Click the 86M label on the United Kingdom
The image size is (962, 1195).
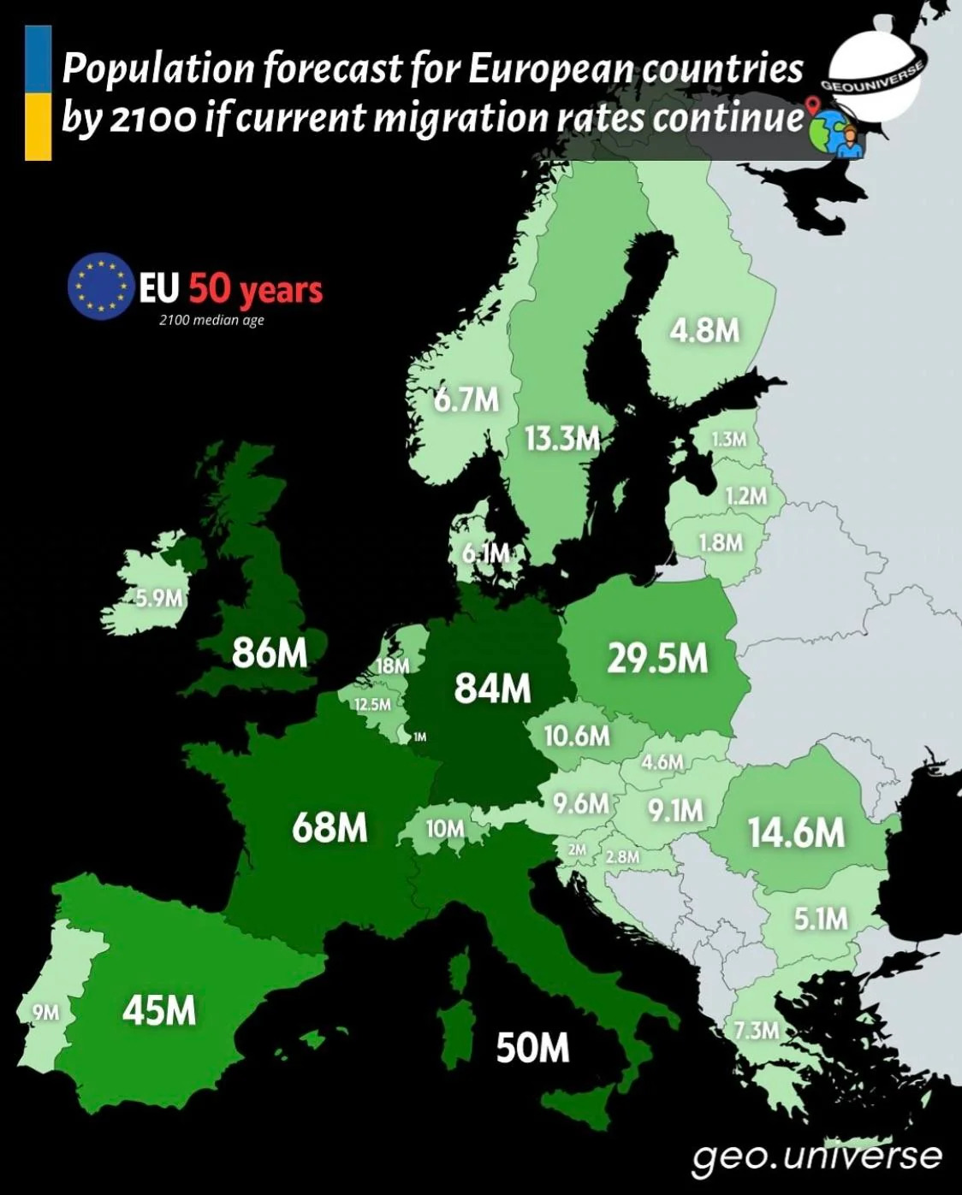coord(270,653)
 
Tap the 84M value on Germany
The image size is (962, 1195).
coord(492,687)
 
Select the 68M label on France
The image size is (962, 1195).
coord(330,827)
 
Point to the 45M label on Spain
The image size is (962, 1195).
coord(159,1011)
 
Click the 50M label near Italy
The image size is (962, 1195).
coord(532,1046)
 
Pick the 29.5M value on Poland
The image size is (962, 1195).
coord(657,658)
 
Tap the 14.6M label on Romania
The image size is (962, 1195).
coord(796,832)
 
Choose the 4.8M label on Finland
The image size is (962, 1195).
coord(704,330)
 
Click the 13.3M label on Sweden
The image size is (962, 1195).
coord(561,439)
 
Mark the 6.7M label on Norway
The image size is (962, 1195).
coord(466,399)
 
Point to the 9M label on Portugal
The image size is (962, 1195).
coord(45,1012)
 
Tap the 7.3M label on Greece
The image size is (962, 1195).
coord(756,1029)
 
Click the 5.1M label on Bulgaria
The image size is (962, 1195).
coord(820,919)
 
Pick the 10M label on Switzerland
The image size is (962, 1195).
coord(445,828)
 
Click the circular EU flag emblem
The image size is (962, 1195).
coord(99,286)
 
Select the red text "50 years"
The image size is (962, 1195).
coord(256,289)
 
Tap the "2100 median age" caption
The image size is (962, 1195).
coord(211,321)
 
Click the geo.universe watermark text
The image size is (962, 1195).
coord(817,1156)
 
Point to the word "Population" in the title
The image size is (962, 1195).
coord(157,69)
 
